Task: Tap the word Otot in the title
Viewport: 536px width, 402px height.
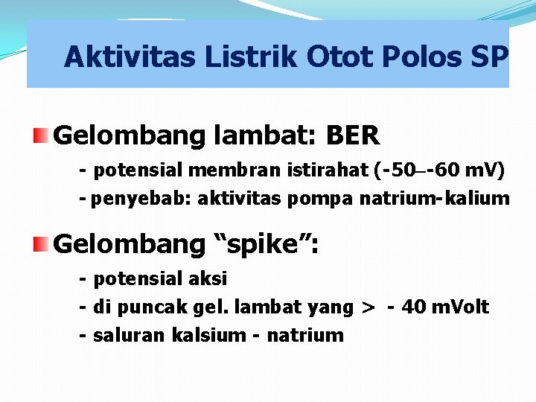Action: [339, 57]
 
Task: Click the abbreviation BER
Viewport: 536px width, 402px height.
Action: [353, 135]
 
